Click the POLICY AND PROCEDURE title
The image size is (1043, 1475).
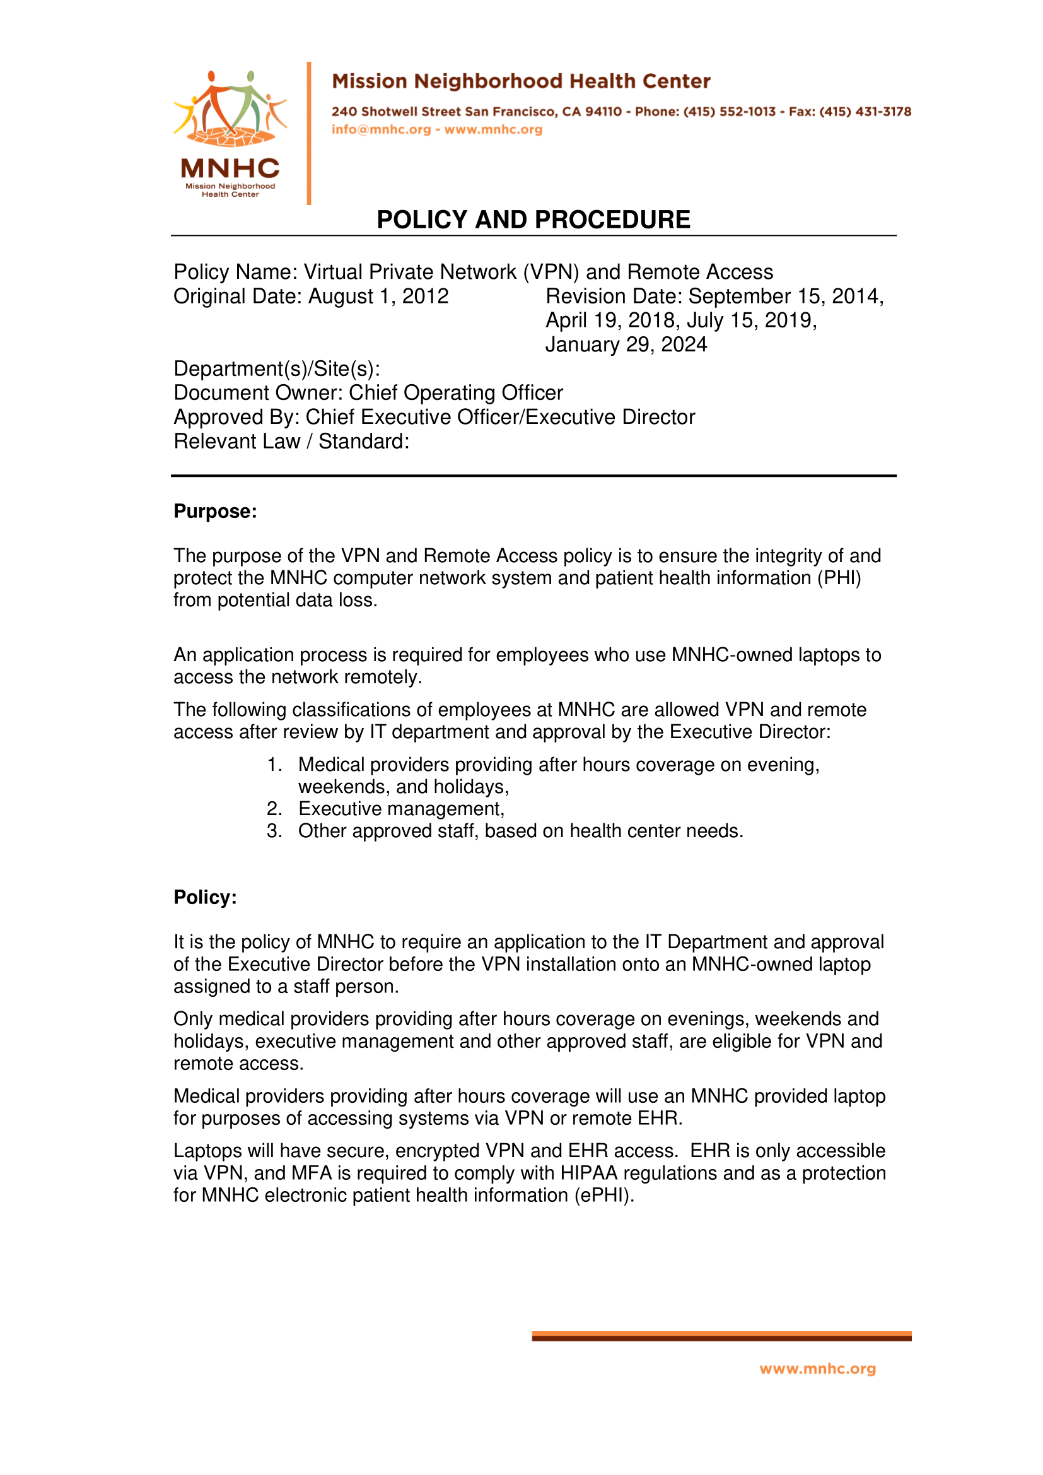533,220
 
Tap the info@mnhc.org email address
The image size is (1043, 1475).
381,129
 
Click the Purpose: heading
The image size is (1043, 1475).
215,512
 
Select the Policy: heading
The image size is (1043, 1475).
205,898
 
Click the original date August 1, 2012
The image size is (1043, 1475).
378,296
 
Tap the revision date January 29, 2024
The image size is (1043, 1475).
626,345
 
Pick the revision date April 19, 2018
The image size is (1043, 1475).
610,320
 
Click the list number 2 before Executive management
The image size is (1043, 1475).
274,809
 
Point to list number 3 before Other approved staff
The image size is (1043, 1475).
274,832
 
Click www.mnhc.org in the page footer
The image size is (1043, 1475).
817,1369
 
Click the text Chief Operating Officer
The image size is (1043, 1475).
455,393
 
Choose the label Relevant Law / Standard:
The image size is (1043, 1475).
291,442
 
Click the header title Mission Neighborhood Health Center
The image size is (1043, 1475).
521,81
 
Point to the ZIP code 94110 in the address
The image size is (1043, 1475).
603,112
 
